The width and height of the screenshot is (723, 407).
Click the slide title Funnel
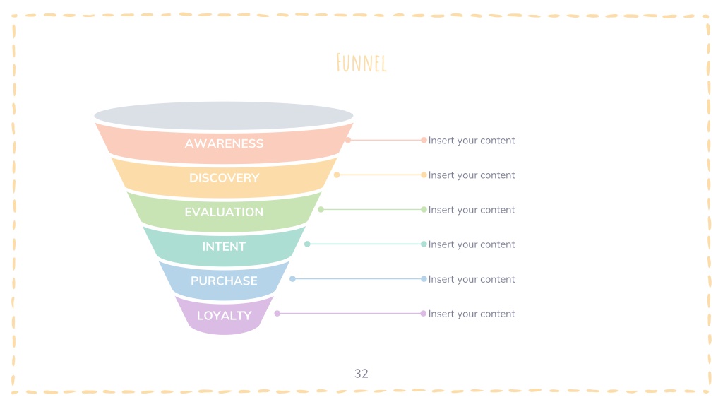tap(361, 63)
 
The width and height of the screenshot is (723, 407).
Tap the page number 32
tap(361, 373)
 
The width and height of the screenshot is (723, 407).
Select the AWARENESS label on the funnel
tap(224, 143)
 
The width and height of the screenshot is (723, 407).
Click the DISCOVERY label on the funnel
tap(224, 177)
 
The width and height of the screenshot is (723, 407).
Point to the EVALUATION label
tap(224, 212)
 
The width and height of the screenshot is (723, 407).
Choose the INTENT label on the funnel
tap(224, 247)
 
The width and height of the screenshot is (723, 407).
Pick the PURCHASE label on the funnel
tap(224, 281)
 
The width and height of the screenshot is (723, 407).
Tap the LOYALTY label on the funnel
tap(224, 316)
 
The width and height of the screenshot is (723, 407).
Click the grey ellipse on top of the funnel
tap(224, 115)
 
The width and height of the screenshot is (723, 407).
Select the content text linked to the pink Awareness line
tap(471, 141)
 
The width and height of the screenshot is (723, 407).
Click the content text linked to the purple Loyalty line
tap(471, 314)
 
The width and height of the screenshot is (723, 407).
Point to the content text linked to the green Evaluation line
tap(471, 209)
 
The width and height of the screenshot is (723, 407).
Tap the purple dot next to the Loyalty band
tap(277, 313)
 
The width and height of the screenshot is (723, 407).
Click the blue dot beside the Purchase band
tap(292, 278)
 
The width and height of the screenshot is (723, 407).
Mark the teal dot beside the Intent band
tap(307, 244)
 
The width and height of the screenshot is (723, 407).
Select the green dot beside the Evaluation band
tap(321, 209)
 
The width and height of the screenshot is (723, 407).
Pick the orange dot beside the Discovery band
tap(337, 175)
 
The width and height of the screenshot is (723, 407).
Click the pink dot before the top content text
tap(424, 140)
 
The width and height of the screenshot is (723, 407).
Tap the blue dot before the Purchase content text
tap(424, 278)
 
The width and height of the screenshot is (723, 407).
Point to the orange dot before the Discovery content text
tap(424, 175)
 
